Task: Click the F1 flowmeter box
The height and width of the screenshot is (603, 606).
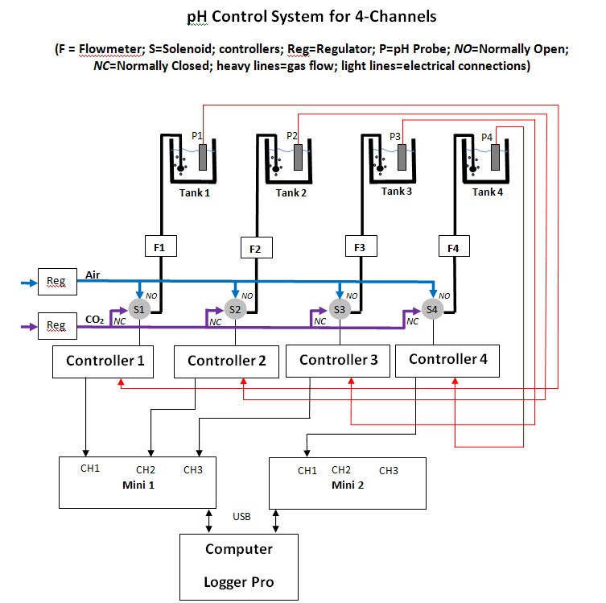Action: pos(161,246)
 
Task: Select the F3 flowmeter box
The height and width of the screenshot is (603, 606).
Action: pos(361,246)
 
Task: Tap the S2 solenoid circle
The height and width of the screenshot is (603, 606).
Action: pos(235,309)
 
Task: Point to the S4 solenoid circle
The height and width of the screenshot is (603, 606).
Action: pos(432,309)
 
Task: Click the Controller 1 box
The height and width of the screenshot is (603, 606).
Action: pos(103,361)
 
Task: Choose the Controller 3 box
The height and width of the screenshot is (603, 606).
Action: pos(338,361)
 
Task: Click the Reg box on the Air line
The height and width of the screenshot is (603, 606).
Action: pos(57,282)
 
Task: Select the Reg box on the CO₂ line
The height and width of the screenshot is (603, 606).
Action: pos(57,326)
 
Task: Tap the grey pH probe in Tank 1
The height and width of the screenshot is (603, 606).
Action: pos(203,157)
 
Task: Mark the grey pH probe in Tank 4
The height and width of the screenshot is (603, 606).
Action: pos(495,157)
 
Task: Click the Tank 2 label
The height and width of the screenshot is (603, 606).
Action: pos(291,192)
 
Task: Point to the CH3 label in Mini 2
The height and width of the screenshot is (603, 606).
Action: pos(389,470)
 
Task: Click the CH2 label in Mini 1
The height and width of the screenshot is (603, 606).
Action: pos(146,469)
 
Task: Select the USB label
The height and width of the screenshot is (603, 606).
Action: pos(241,516)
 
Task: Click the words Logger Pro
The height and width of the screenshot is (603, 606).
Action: pos(239,582)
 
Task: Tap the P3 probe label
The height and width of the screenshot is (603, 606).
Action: pos(395,136)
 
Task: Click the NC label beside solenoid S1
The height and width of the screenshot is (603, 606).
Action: pos(119,321)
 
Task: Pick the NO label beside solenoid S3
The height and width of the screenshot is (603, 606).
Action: pos(352,295)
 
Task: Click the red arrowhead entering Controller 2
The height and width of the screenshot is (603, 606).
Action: pos(244,381)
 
